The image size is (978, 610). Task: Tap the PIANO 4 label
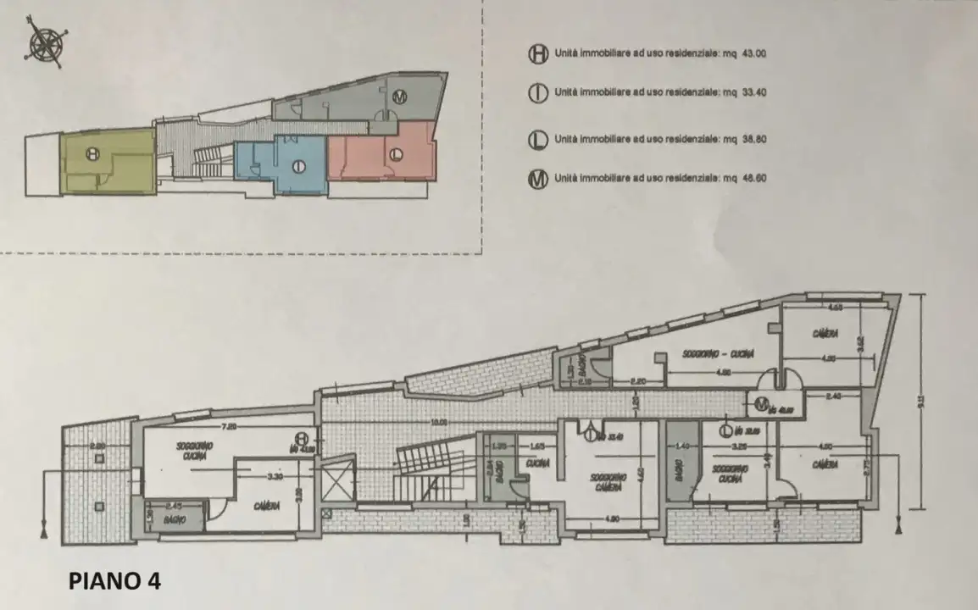click(114, 582)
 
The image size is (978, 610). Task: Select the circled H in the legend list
click(536, 53)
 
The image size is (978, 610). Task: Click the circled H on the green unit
click(93, 153)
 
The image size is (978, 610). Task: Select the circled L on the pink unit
click(395, 154)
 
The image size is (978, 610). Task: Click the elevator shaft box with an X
click(341, 479)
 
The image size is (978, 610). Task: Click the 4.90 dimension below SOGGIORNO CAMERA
click(610, 520)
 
